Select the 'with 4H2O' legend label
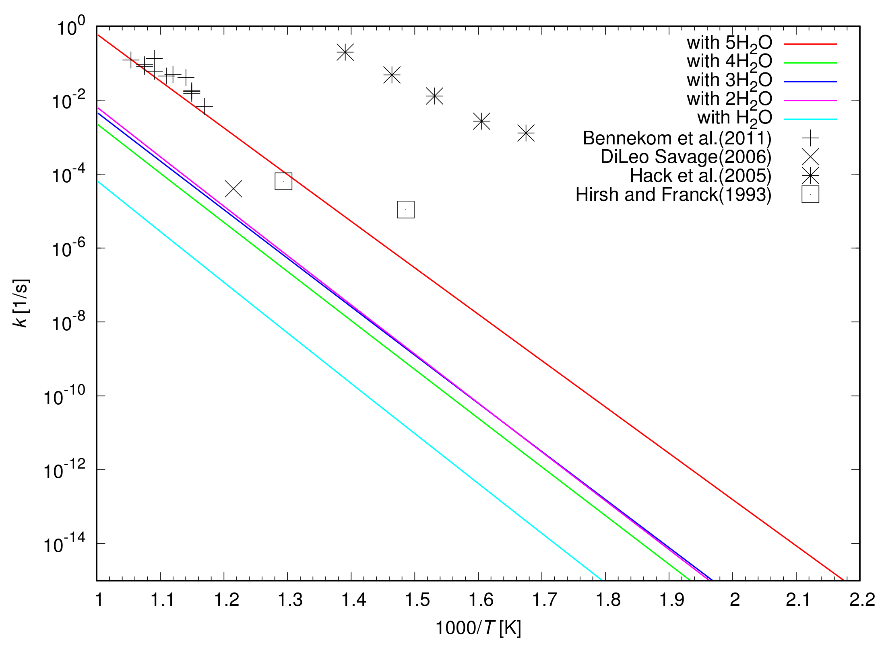[x=729, y=62]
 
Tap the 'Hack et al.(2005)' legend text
[x=700, y=176]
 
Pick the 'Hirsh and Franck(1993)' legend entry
[x=673, y=195]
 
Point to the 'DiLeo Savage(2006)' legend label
[x=686, y=157]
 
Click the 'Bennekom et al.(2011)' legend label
[x=677, y=138]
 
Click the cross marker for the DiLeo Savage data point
[x=233, y=189]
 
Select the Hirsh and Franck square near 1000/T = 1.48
[x=405, y=210]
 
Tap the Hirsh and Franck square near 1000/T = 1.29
[x=283, y=181]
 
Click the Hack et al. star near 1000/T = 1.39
[x=345, y=52]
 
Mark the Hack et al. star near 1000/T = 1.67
[x=526, y=133]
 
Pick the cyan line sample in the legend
[x=810, y=119]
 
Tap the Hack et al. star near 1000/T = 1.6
[x=481, y=121]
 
